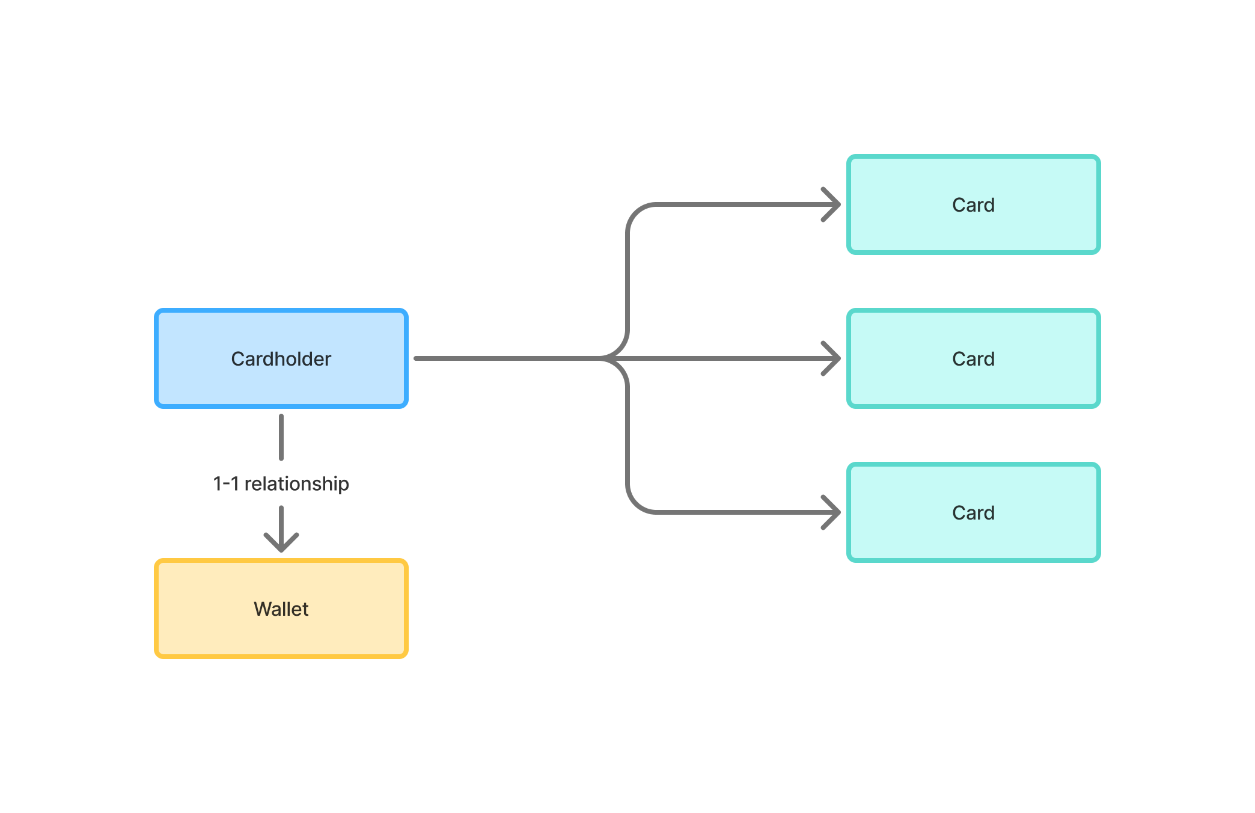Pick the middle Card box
coord(973,385)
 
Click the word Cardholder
coord(281,359)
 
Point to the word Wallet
coord(281,609)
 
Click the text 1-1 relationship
coord(281,483)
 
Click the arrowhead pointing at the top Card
coord(832,204)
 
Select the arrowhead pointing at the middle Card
coord(832,358)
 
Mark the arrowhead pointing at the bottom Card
coord(832,512)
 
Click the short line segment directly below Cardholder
coord(281,437)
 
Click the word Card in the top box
coord(973,205)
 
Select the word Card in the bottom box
coord(973,513)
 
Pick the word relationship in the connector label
coord(296,483)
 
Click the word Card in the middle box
coord(973,359)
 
